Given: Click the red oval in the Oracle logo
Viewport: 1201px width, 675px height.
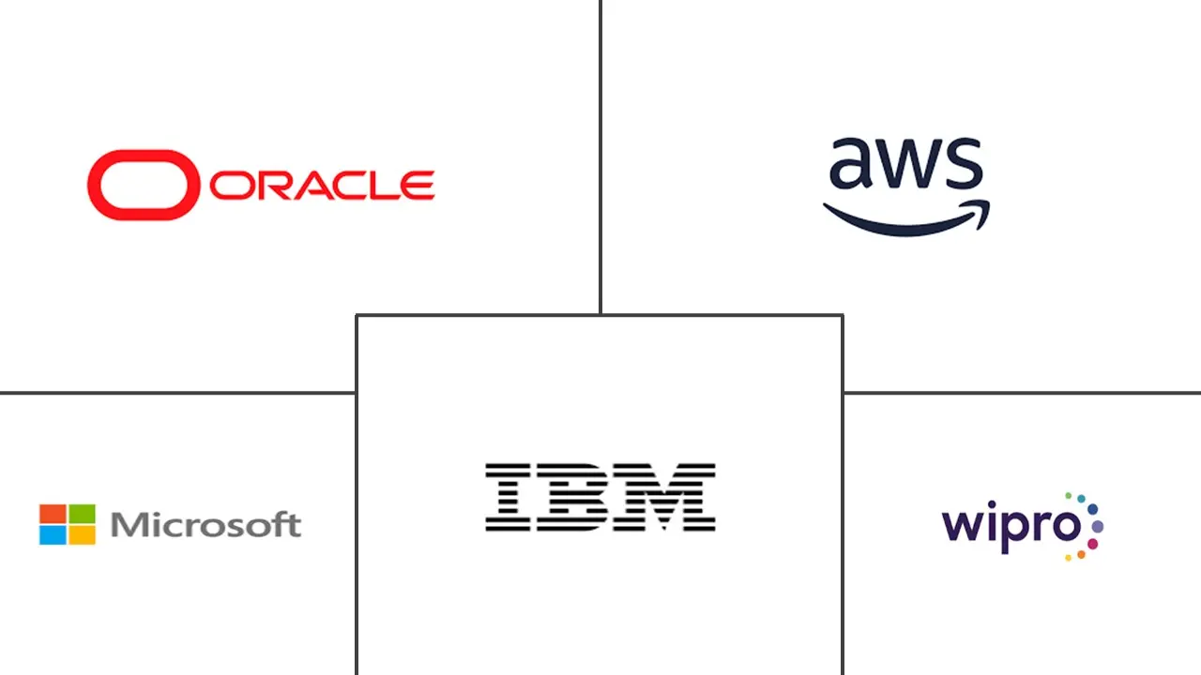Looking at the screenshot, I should (144, 185).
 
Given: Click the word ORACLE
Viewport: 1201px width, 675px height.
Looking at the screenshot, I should (322, 186).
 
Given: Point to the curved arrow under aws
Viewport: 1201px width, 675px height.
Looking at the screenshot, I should (905, 219).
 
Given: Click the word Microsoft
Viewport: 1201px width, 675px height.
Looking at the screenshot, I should (205, 525).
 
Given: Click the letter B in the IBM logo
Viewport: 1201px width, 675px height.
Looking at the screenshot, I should (572, 497).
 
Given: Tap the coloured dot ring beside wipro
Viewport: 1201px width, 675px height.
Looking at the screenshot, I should (1088, 525).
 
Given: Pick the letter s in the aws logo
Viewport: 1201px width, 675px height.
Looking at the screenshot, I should (963, 165).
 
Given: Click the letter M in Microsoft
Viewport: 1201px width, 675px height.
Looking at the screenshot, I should (129, 525).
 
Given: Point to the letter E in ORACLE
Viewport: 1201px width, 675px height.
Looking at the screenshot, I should (418, 186).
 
